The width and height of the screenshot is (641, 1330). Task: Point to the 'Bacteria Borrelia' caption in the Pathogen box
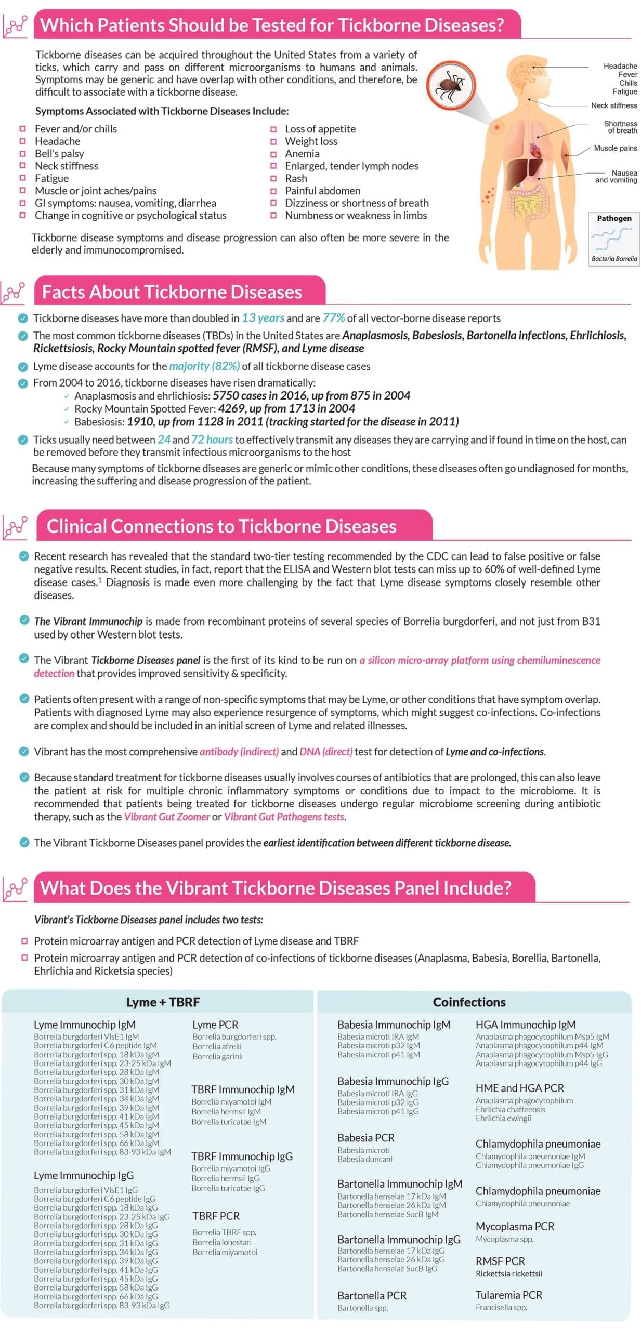click(x=614, y=259)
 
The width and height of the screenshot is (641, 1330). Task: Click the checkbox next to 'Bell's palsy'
click(x=22, y=153)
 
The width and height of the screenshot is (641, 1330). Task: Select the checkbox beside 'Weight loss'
click(x=273, y=141)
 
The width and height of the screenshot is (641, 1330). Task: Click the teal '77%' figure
click(x=333, y=318)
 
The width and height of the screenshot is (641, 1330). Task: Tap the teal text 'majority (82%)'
click(x=204, y=366)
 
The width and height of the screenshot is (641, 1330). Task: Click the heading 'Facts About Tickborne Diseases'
click(x=172, y=292)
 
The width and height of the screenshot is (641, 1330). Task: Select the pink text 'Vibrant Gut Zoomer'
click(x=166, y=817)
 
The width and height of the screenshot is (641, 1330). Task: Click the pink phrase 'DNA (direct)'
click(x=326, y=752)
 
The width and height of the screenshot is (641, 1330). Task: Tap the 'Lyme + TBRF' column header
click(x=163, y=1002)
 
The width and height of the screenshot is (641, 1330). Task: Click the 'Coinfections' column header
click(x=469, y=1002)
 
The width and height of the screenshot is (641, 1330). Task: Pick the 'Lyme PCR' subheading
click(x=215, y=1025)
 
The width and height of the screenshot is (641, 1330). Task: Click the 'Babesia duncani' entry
click(x=364, y=1159)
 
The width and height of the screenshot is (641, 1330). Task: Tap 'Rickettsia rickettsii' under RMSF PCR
click(x=508, y=1274)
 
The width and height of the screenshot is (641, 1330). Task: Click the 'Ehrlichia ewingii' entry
click(x=503, y=1118)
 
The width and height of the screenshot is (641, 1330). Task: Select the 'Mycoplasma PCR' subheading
click(x=515, y=1226)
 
